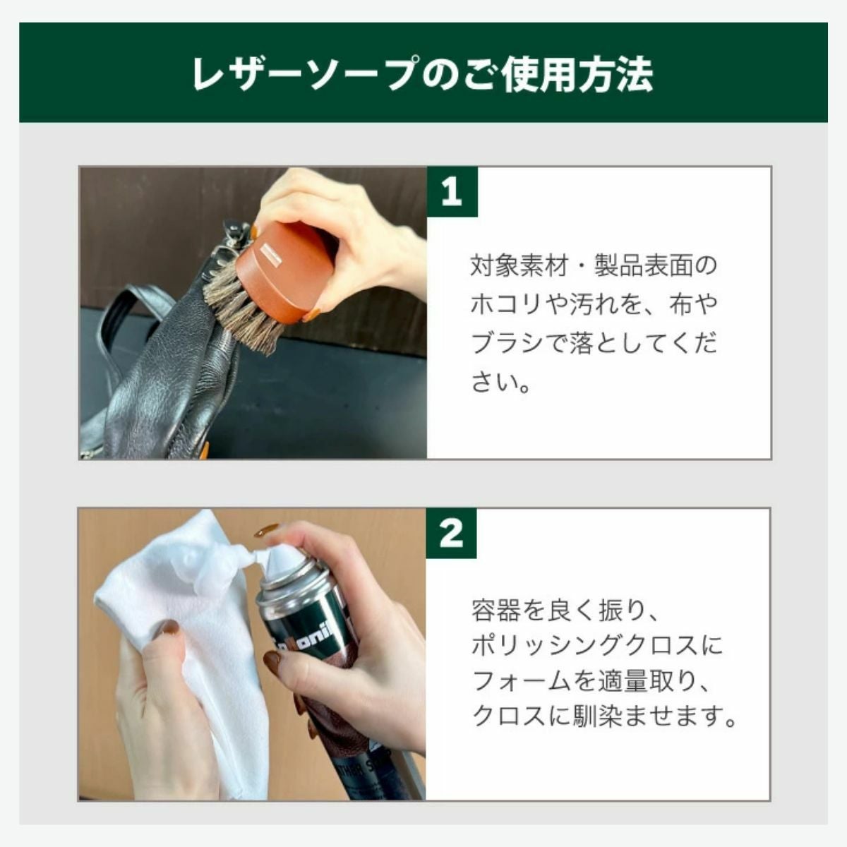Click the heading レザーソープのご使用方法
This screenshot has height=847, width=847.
coord(423,73)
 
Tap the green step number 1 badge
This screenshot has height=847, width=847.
coord(452,192)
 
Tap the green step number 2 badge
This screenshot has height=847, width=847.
coord(452,533)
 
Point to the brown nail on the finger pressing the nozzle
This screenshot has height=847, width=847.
coord(266,531)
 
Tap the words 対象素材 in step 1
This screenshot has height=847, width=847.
coord(519,265)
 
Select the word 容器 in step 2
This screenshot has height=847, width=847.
coord(495,610)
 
